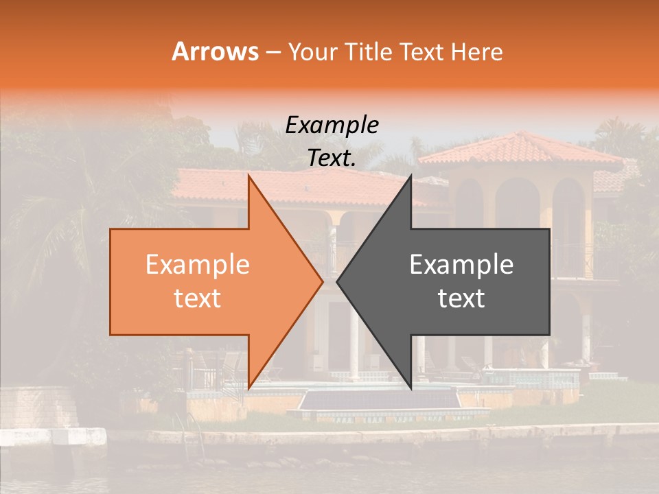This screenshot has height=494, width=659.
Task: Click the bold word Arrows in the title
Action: tap(215, 51)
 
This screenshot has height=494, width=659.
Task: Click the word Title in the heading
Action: tap(370, 51)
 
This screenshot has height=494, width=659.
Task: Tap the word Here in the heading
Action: tap(476, 51)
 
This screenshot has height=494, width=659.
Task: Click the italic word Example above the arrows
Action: tap(332, 126)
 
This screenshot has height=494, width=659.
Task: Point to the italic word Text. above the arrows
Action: tap(332, 158)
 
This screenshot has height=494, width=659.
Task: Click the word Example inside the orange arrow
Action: tap(198, 265)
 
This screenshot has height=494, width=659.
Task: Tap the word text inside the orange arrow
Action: tap(198, 298)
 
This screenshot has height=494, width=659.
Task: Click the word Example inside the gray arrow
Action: tap(461, 265)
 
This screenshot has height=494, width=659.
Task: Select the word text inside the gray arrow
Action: tap(461, 298)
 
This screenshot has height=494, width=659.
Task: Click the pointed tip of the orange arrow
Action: tap(323, 281)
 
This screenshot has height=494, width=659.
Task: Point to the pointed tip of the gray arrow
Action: tap(337, 281)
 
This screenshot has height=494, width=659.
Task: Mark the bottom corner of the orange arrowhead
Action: tap(248, 388)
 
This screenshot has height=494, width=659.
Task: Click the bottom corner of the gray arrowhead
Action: tap(411, 388)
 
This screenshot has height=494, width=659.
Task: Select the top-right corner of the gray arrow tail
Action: tap(549, 229)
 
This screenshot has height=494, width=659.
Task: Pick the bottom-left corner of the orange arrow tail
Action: tap(111, 335)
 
